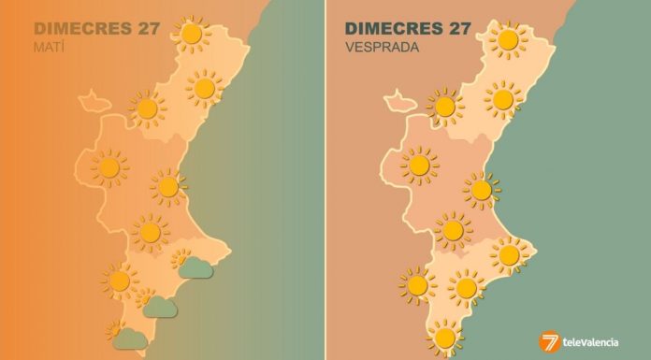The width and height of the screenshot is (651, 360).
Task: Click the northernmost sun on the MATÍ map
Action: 192,35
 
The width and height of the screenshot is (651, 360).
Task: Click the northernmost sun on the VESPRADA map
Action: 508,40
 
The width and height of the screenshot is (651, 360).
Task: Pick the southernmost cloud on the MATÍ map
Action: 128,338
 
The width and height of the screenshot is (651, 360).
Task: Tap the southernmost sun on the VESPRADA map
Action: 444,337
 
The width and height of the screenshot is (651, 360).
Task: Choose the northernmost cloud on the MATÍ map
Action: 195,268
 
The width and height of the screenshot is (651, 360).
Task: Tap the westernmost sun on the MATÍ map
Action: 109,168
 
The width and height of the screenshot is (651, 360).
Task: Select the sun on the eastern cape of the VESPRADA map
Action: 510,254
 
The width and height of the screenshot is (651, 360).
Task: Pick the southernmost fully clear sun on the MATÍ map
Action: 120,280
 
